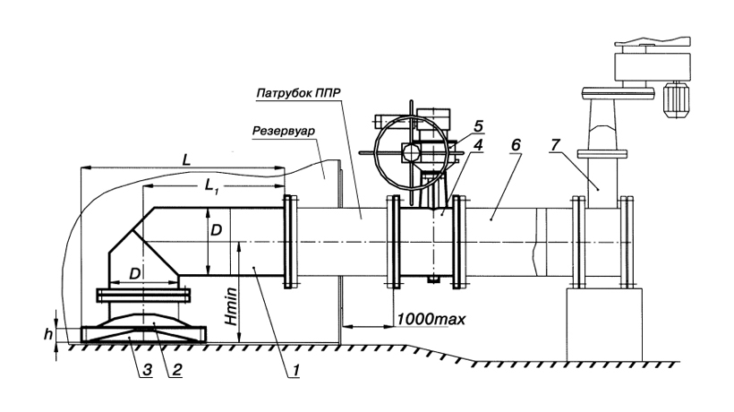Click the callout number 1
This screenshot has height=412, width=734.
(295, 371)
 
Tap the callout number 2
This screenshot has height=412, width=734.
(176, 370)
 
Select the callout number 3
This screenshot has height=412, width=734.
(147, 370)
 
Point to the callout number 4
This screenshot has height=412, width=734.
(477, 145)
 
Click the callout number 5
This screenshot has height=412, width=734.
(478, 126)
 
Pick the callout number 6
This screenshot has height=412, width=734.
(516, 145)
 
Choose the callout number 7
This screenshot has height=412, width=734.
(555, 145)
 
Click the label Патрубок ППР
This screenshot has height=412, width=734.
(298, 93)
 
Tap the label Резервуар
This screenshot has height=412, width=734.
(284, 131)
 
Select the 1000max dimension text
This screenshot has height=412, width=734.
(431, 319)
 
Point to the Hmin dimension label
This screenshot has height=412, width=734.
(231, 306)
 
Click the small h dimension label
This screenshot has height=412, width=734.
(47, 334)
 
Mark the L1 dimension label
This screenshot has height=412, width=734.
(211, 186)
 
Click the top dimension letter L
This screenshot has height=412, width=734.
(186, 160)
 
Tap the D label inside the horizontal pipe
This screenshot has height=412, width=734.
(217, 230)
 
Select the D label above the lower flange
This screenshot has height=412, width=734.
(135, 274)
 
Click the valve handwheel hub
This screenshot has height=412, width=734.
(411, 152)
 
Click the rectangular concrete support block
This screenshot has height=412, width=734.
(604, 325)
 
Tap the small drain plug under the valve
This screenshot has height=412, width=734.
(433, 279)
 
